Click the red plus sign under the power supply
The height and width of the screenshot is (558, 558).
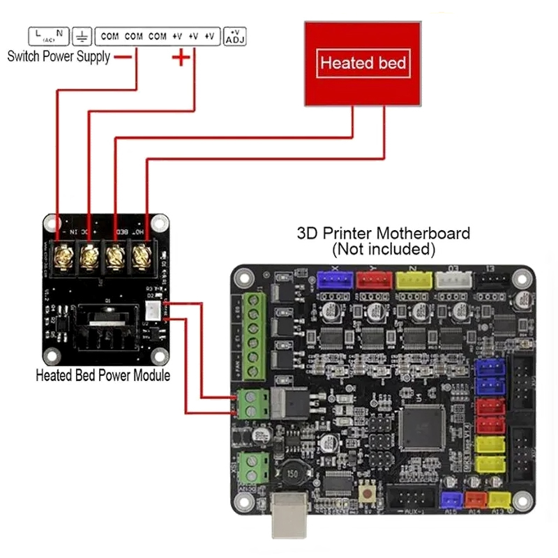(x=181, y=58)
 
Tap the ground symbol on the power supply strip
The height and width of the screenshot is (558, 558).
(x=82, y=36)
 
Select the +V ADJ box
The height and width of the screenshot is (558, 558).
(x=235, y=36)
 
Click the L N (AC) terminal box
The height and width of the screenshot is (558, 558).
(x=49, y=36)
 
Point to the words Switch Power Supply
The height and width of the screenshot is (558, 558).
(x=59, y=57)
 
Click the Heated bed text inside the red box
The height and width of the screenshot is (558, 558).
(x=363, y=63)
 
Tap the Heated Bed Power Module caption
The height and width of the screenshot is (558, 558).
(x=103, y=375)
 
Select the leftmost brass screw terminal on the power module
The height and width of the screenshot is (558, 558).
(x=63, y=255)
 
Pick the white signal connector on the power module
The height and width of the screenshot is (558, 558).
(x=153, y=310)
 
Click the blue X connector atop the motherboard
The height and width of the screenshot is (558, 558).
(x=333, y=280)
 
